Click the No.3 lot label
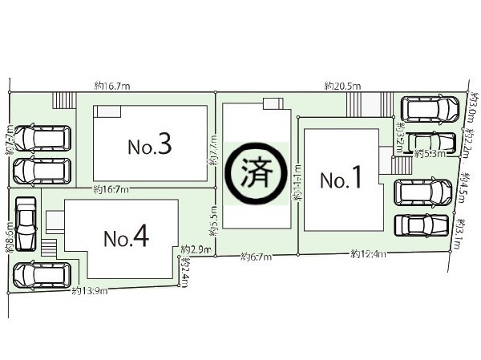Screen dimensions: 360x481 coord(150,145)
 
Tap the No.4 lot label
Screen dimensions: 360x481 coord(125,237)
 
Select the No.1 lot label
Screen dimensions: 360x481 coord(342,180)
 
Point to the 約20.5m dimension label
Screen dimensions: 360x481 coord(342,85)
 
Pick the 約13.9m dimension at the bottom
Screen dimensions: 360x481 coord(89,289)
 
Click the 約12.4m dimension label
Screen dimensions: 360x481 coord(368,255)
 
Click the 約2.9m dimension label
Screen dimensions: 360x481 coord(196,249)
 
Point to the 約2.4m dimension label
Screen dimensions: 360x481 coord(185,272)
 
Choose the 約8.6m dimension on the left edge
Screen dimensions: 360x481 coord(9,238)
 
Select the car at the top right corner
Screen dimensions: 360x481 coord(430,108)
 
